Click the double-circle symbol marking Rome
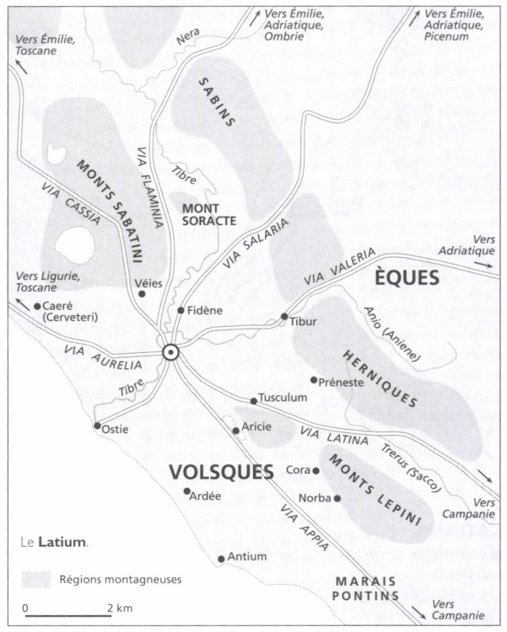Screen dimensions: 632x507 coord(170,353)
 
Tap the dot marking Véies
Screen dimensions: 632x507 coord(142,294)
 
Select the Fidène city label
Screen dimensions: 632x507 coord(205,310)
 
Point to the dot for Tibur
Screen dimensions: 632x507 coord(284,317)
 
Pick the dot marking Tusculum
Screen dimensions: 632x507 coord(253,401)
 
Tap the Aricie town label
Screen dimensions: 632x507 coord(256,426)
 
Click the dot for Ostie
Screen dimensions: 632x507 coord(97,425)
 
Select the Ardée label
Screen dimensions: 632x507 coord(207,496)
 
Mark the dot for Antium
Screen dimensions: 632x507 coord(221,558)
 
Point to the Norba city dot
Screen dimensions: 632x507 coord(337,498)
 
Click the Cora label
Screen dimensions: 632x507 coord(299,470)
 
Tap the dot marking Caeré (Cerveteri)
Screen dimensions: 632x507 coord(37,306)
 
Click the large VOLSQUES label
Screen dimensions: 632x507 coord(220,471)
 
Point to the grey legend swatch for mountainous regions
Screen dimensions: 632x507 coord(35,580)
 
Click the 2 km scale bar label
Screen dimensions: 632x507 coord(120,608)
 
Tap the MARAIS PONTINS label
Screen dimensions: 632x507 coord(366,588)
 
